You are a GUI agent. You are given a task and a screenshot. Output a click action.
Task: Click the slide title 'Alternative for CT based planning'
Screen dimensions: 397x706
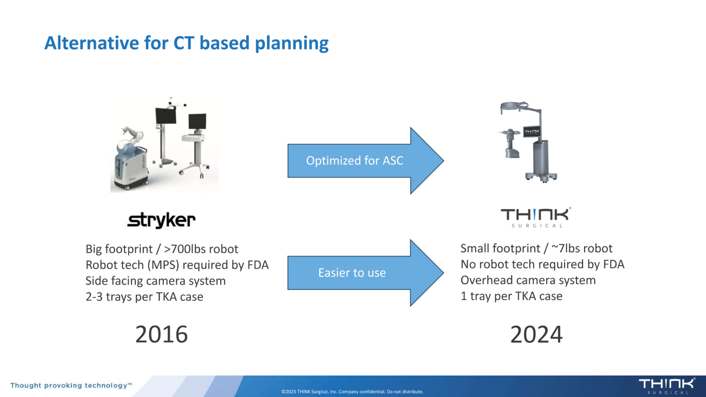click(x=186, y=43)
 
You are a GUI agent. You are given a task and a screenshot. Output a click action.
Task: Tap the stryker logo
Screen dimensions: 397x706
click(x=161, y=220)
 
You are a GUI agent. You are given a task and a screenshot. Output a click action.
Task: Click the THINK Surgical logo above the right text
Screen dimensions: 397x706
click(x=536, y=217)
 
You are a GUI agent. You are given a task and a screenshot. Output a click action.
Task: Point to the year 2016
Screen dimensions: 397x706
click(x=161, y=334)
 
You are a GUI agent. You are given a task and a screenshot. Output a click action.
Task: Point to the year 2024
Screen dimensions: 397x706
click(x=536, y=334)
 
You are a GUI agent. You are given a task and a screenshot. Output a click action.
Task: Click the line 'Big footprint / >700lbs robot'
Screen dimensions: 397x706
click(x=162, y=249)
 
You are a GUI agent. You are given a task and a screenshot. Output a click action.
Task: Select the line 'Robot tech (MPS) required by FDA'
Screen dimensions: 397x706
click(x=177, y=265)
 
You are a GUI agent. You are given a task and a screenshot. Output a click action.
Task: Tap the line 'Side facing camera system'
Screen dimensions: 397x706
click(x=156, y=281)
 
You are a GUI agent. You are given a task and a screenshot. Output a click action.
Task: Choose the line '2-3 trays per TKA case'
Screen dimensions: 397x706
click(x=144, y=297)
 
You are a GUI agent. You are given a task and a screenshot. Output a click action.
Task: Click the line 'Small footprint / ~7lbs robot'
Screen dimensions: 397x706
click(x=536, y=249)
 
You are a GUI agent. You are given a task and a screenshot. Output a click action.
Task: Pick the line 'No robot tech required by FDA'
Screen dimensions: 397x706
click(x=542, y=264)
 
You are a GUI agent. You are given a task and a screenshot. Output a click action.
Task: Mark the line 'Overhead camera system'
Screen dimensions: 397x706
click(x=528, y=280)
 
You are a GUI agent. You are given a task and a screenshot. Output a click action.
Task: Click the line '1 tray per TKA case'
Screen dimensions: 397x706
click(x=511, y=296)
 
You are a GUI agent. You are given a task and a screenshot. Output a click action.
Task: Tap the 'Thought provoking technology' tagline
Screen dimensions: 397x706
click(x=71, y=386)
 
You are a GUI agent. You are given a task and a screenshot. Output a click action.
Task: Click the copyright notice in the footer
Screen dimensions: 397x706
click(x=352, y=392)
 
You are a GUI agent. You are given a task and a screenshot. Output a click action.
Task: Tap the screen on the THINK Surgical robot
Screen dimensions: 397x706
click(x=532, y=132)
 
